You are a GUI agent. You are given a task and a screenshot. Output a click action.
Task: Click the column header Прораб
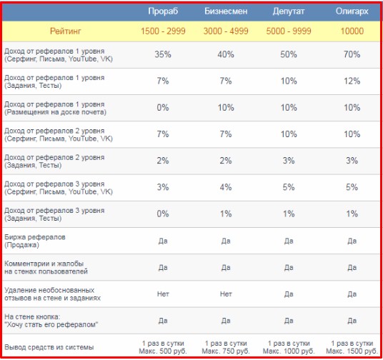[x=163, y=11]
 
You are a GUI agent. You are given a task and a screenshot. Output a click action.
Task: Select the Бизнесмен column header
[x=226, y=11]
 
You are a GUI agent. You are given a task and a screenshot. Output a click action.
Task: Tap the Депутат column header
[x=289, y=11]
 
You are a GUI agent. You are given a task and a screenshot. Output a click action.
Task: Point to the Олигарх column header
[x=352, y=11]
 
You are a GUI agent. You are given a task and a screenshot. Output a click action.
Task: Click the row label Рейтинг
[x=66, y=31]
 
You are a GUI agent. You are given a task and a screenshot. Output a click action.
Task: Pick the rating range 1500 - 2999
[x=163, y=31]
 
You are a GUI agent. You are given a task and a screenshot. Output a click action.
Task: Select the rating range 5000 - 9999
[x=289, y=31]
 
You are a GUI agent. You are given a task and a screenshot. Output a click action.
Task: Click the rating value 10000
[x=352, y=31]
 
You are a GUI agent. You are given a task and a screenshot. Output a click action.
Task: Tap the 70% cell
[x=352, y=54]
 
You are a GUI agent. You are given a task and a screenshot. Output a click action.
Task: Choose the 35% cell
[x=163, y=54]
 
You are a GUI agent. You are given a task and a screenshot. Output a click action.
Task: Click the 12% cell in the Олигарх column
[x=352, y=81]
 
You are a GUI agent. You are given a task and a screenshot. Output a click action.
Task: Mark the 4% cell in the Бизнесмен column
[x=226, y=187]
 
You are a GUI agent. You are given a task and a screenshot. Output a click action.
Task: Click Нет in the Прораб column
[x=163, y=294]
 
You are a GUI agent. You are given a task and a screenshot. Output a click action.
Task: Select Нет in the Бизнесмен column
[x=226, y=294]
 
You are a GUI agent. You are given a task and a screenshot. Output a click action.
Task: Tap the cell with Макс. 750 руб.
[x=226, y=347]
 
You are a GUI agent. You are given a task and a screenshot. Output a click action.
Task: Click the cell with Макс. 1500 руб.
[x=352, y=347]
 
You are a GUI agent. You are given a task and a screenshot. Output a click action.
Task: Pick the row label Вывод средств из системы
[x=49, y=347]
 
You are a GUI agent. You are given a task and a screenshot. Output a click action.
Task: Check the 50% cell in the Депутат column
[x=289, y=54]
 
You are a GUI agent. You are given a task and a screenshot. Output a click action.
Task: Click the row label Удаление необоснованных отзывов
[x=52, y=294]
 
